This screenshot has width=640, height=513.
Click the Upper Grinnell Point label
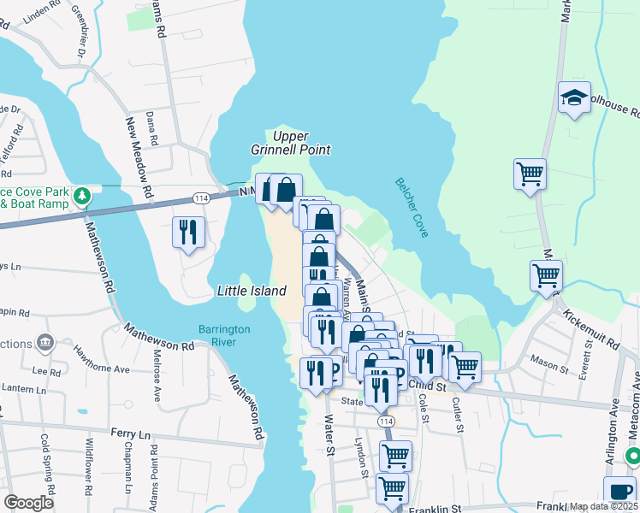tap(290, 143)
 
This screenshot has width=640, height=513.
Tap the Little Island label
tap(251, 291)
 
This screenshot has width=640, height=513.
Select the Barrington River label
tap(223, 335)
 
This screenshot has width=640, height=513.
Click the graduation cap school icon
tap(575, 99)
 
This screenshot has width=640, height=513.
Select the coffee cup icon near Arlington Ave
tap(619, 492)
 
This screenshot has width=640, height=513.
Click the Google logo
tap(28, 503)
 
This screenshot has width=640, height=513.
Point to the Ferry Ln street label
tap(130, 434)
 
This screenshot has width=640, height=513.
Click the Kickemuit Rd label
tap(590, 329)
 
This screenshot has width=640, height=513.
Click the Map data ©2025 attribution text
tap(603, 506)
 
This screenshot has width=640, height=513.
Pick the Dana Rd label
tap(152, 127)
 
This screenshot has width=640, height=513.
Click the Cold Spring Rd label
tap(48, 458)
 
